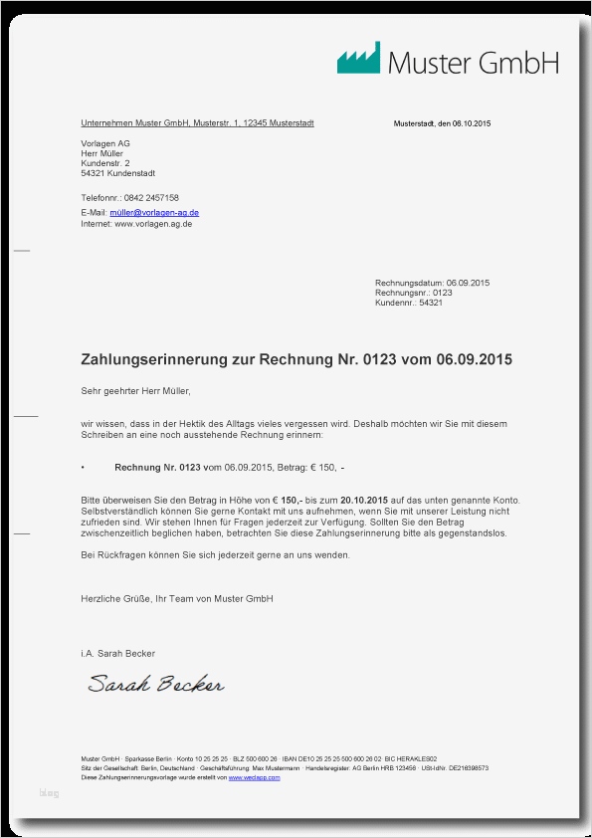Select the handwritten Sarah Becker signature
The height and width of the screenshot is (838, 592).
155,684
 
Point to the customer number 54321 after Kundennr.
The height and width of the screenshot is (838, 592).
431,303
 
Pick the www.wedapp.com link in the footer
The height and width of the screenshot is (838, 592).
254,777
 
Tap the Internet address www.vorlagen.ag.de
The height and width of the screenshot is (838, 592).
153,224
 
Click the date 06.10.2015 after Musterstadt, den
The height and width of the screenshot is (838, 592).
472,123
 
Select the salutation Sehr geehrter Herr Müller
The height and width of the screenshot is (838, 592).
135,390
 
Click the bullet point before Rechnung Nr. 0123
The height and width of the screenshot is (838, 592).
83,467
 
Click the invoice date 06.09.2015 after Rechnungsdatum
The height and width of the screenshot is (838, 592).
469,283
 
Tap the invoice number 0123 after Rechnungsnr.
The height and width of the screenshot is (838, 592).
443,293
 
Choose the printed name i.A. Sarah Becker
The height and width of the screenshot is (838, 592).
117,653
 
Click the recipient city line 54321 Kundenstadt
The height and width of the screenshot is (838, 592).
117,173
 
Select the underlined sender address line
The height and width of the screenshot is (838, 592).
197,123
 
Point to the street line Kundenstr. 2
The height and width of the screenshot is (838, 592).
105,163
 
